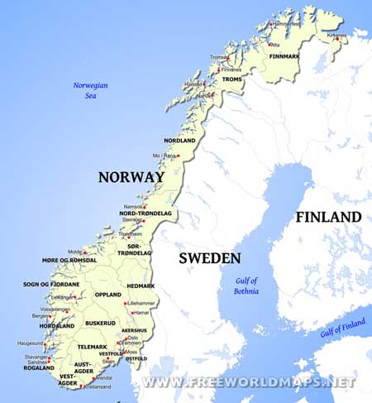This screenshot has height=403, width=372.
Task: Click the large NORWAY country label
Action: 131,177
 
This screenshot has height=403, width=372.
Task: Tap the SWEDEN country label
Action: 210,258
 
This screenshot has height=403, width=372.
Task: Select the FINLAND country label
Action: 328,218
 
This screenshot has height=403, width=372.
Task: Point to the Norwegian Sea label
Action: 91,89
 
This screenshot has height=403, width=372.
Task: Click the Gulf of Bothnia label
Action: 246,285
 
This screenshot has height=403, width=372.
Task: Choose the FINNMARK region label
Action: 286,56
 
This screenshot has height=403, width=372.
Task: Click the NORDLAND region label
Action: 179,141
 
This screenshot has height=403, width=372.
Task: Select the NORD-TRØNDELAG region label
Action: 145,213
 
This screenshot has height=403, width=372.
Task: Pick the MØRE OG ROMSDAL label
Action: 70,260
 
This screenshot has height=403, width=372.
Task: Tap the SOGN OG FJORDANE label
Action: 51,284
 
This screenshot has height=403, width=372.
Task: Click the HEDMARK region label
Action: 141,285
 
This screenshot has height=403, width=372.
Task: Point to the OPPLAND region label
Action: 107,294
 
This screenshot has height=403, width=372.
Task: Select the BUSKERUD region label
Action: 100,323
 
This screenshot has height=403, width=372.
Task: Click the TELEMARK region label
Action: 92,346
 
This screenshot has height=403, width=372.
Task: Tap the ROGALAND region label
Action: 39,369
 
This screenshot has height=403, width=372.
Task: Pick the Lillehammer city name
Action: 145,304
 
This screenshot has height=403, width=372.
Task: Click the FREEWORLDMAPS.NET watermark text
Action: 248,382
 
